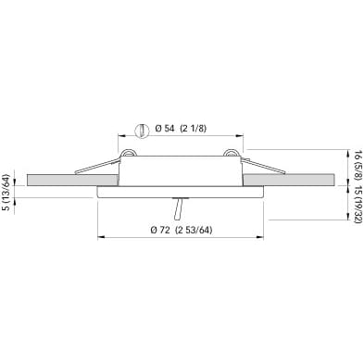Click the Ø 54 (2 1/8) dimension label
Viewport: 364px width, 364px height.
[181, 129]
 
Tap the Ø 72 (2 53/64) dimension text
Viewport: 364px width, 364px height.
[182, 230]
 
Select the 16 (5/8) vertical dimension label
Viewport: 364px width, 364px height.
[358, 167]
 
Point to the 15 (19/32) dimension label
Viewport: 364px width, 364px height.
[358, 205]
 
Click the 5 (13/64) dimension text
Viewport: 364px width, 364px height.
[6, 193]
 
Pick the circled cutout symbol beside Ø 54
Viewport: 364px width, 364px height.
[142, 131]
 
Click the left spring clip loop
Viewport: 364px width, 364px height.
[128, 154]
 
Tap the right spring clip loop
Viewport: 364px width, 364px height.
[232, 154]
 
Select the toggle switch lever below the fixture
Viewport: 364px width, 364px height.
[179, 208]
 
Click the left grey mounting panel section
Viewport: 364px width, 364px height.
[73, 180]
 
